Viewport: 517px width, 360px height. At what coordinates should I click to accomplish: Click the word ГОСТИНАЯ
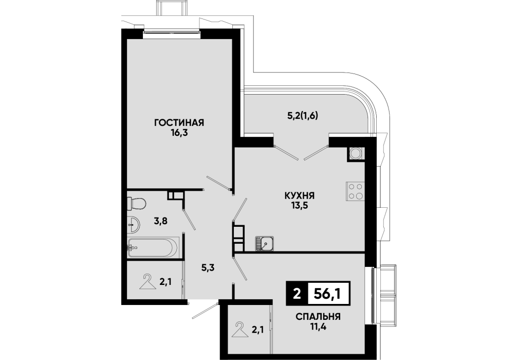[179, 123]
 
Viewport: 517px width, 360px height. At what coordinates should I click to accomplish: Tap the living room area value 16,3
[179, 133]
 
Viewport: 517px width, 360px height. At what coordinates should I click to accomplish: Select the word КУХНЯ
[300, 195]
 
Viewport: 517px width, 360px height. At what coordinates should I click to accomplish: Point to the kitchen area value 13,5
[300, 206]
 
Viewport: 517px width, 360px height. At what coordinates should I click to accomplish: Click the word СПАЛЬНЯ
[318, 317]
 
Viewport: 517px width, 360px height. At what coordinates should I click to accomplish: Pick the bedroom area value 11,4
[318, 327]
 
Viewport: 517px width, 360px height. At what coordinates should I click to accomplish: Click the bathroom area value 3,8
[160, 221]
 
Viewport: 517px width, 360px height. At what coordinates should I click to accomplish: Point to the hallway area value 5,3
[208, 267]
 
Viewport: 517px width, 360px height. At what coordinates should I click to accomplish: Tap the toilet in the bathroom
[136, 203]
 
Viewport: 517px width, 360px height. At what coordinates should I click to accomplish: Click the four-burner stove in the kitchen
[355, 191]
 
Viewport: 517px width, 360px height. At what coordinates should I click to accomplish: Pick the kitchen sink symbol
[264, 244]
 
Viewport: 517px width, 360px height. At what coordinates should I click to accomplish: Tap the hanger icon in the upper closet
[147, 282]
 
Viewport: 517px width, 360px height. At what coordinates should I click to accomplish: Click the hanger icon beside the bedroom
[240, 330]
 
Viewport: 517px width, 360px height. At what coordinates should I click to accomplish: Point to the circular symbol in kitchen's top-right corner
[356, 153]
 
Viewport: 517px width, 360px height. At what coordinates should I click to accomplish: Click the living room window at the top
[172, 32]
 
